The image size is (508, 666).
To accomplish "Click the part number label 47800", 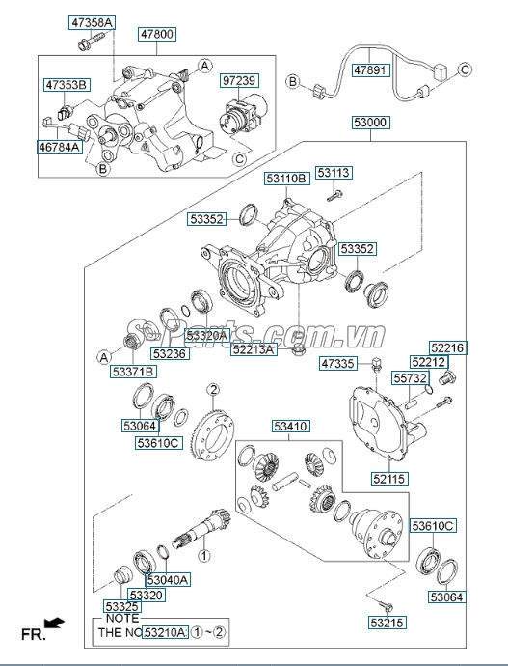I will tap(157, 33).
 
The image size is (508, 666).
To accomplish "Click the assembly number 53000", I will tap(371, 124).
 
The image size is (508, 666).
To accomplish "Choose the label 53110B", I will tap(287, 178).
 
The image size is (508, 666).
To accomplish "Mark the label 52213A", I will tap(254, 350).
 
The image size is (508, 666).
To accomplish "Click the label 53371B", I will tap(133, 371).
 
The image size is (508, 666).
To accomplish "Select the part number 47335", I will tap(338, 364).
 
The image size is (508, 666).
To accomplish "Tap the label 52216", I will tap(446, 347).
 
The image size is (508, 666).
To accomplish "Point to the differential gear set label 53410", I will tap(290, 425).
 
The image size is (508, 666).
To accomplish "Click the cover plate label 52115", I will tap(390, 477).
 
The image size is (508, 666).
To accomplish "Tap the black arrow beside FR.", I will tap(59, 624).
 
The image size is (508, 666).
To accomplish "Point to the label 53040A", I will tap(168, 579).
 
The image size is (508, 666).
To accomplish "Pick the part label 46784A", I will tap(61, 150).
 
